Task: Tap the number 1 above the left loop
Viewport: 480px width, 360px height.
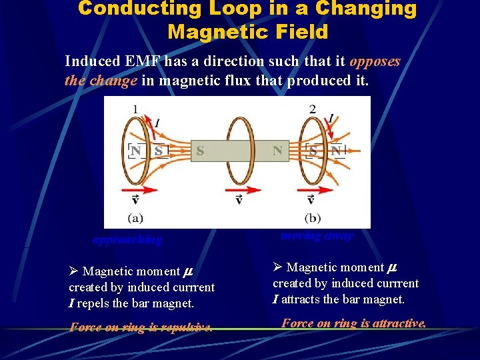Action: point(136,109)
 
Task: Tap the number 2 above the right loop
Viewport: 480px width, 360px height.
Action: point(312,109)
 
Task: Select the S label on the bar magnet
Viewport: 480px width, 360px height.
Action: point(199,151)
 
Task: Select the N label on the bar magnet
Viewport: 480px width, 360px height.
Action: point(277,151)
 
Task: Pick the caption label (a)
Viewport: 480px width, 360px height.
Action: point(136,217)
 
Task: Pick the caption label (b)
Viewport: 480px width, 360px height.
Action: point(313,217)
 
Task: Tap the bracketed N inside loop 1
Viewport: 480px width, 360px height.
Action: point(136,151)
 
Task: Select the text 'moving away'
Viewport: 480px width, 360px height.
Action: point(317,235)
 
